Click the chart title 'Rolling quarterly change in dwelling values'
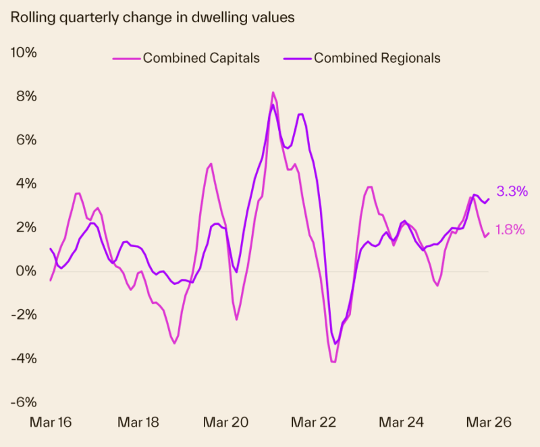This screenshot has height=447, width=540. (152, 18)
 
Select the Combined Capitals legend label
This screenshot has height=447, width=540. (201, 58)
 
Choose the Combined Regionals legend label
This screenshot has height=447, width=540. (377, 58)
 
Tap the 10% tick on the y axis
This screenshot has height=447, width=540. (24, 53)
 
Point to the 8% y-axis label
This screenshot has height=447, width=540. (27, 97)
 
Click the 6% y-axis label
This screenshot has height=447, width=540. (27, 140)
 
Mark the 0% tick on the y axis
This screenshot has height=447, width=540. (27, 271)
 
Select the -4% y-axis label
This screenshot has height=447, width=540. (24, 359)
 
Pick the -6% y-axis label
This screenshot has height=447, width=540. (24, 402)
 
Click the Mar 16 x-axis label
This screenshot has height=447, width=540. (51, 423)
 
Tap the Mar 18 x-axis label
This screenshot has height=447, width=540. (138, 423)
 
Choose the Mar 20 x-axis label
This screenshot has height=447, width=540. (226, 423)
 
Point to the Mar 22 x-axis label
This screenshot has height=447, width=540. (314, 423)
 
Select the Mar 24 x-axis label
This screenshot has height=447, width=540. (402, 423)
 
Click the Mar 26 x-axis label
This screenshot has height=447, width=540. (489, 423)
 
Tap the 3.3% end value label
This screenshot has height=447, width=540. (512, 192)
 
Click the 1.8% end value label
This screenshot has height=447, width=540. (510, 230)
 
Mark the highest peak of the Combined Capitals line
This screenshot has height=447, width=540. (273, 93)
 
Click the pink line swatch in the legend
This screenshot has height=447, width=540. (126, 58)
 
